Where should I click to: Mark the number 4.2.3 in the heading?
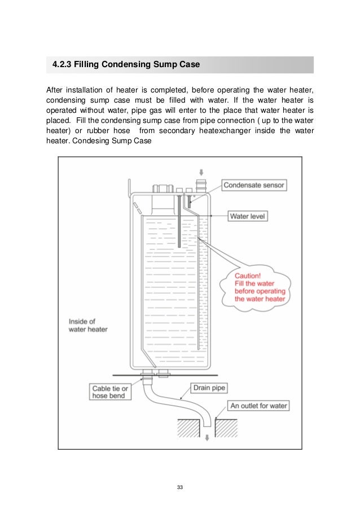[62, 65]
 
